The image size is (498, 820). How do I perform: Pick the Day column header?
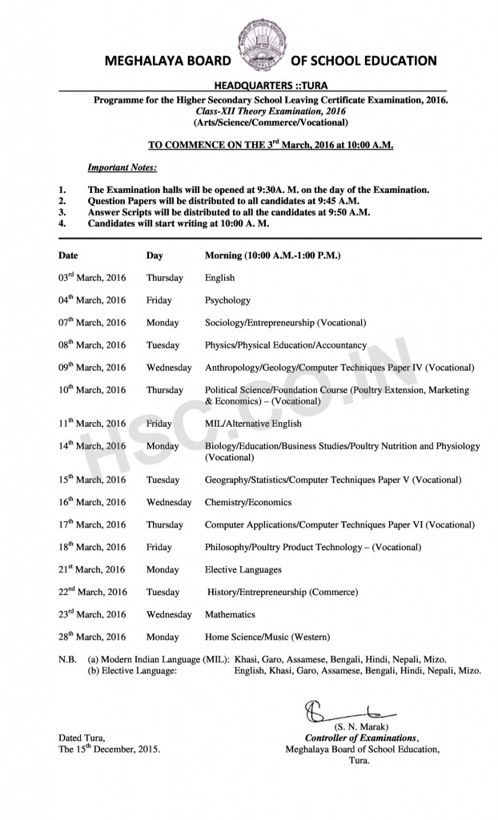[x=155, y=255]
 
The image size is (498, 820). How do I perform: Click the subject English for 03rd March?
[x=219, y=278]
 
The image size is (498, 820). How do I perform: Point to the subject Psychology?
[x=227, y=300]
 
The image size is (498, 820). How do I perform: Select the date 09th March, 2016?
[x=91, y=368]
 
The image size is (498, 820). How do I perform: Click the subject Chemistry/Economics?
[x=248, y=502]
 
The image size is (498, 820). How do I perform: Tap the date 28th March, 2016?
[x=91, y=637]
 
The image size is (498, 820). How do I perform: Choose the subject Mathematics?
[x=230, y=614]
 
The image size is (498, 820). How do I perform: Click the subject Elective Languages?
[x=243, y=569]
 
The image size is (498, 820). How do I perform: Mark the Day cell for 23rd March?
[x=169, y=614]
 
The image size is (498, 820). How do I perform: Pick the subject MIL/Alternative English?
[x=253, y=424]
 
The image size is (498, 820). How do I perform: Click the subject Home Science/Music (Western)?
[x=267, y=637]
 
